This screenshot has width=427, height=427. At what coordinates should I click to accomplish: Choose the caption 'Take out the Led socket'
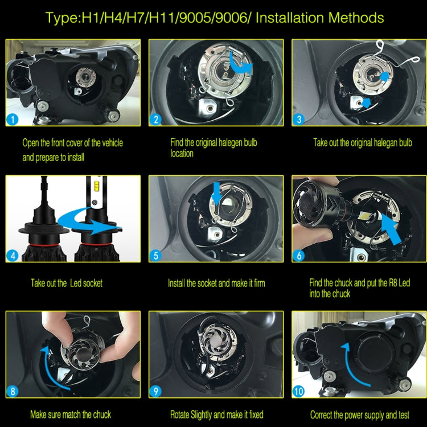click(67, 283)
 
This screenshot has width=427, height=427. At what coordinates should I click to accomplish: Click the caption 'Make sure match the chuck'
click(71, 414)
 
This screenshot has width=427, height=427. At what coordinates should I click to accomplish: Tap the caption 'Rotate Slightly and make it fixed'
click(216, 414)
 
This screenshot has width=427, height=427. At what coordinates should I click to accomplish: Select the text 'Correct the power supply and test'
click(360, 414)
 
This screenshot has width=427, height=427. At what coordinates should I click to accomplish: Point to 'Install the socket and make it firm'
click(216, 283)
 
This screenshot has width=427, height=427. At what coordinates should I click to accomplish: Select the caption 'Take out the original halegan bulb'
click(363, 143)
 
